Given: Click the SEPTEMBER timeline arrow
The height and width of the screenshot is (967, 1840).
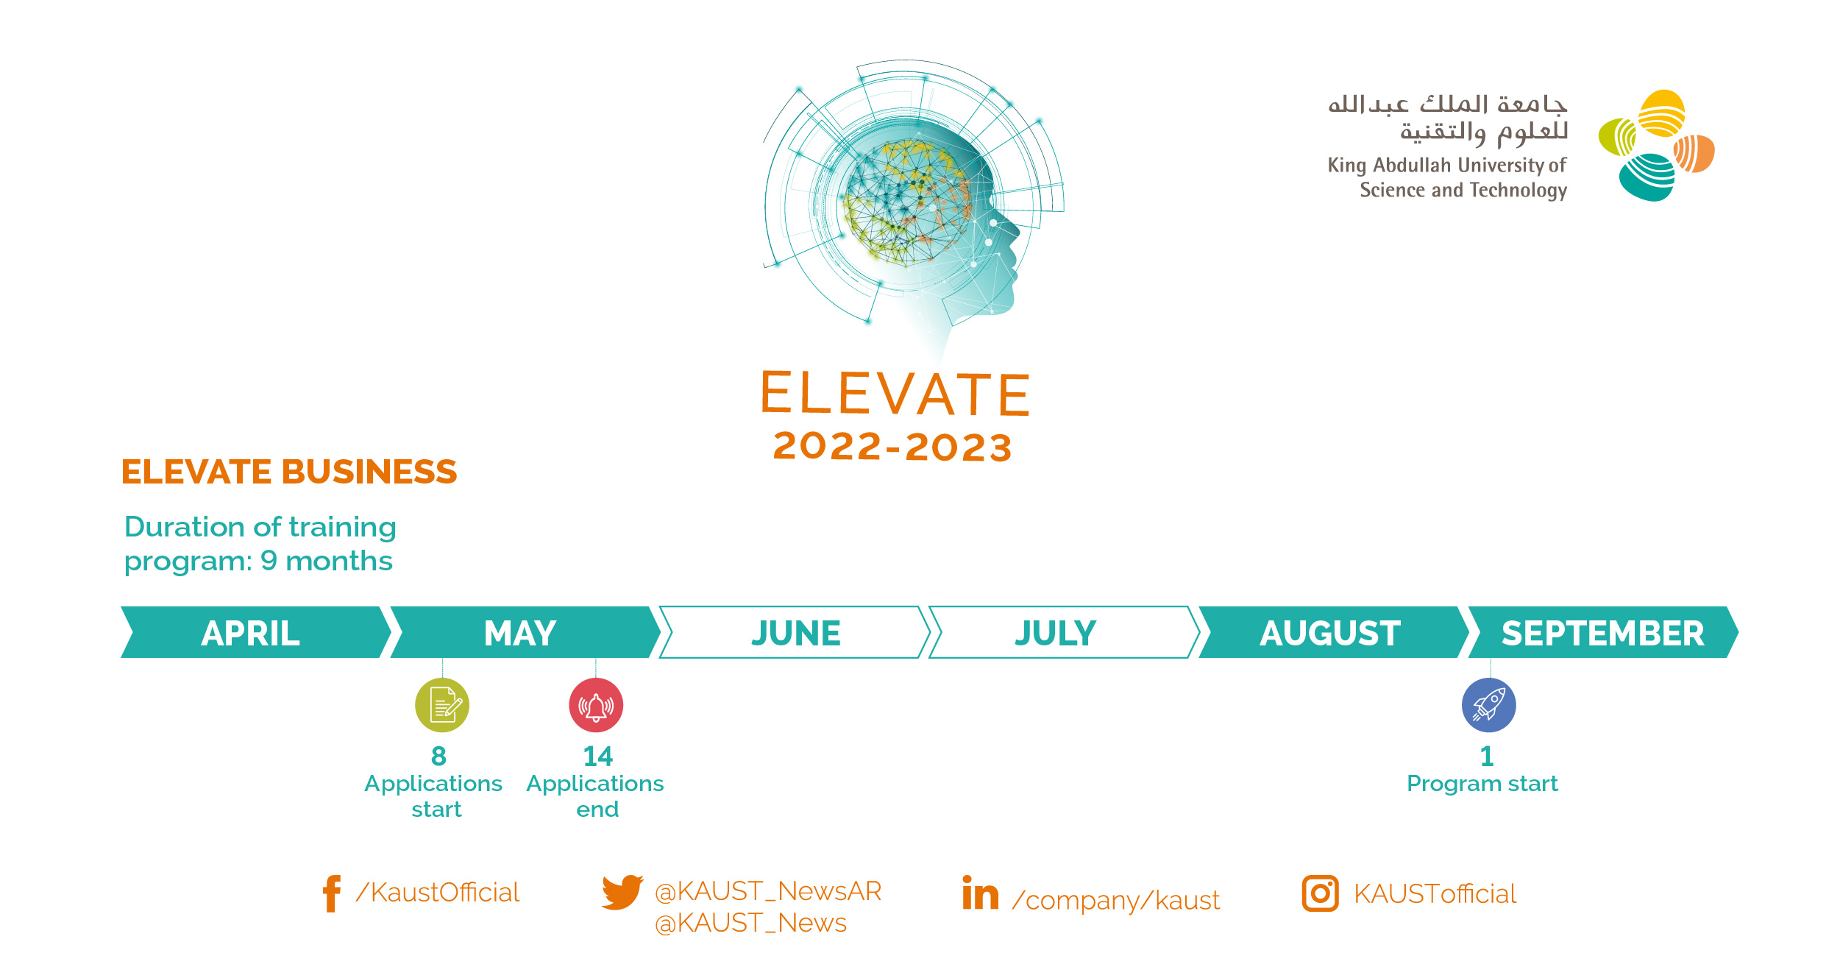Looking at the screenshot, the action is (x=1603, y=632).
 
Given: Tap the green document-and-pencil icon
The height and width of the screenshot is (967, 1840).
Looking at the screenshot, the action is (x=442, y=705).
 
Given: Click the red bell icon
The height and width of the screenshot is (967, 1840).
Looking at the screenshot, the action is (x=596, y=705).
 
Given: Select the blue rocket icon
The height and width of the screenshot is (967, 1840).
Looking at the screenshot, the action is (x=1489, y=705).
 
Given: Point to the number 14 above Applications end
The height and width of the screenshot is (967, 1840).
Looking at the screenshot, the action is (x=597, y=756).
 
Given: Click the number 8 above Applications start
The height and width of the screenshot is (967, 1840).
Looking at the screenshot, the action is (x=438, y=756).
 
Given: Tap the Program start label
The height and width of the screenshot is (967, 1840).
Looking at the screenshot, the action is (x=1482, y=784).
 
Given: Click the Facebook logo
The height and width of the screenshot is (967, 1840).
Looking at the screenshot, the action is (x=332, y=893).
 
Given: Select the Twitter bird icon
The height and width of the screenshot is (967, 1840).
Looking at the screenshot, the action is (x=622, y=892).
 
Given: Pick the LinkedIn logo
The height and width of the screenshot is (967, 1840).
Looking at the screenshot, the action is (x=981, y=892).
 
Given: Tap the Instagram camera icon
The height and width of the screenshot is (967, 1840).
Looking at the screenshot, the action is (x=1321, y=893).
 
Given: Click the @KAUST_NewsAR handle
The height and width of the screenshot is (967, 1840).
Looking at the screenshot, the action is (x=768, y=891).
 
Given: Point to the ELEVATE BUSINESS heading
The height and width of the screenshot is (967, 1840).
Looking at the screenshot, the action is (x=289, y=472).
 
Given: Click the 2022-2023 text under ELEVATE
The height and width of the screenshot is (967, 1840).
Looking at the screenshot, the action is (x=893, y=447).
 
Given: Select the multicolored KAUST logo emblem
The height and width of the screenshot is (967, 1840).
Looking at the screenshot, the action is (x=1657, y=146).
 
